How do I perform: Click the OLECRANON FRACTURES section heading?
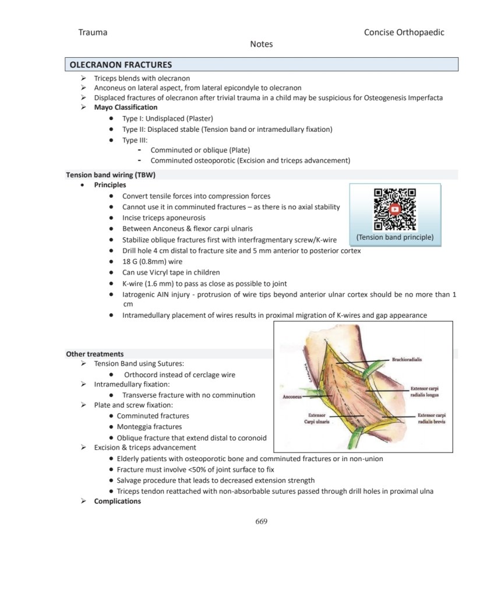(x=121, y=65)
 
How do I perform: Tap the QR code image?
(x=394, y=209)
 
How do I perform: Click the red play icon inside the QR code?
(x=395, y=209)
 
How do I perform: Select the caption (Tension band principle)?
(x=394, y=237)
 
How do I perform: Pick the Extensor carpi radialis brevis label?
(x=431, y=418)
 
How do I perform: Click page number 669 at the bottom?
(x=262, y=521)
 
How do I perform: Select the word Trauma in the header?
(x=93, y=32)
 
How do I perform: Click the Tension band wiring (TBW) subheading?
(x=111, y=174)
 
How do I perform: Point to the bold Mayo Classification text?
(x=126, y=107)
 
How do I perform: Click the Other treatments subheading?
(x=94, y=353)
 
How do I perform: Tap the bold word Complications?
(x=118, y=501)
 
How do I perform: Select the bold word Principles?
(x=110, y=185)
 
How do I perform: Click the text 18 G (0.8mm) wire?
(x=152, y=262)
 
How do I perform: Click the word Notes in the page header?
(x=261, y=44)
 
